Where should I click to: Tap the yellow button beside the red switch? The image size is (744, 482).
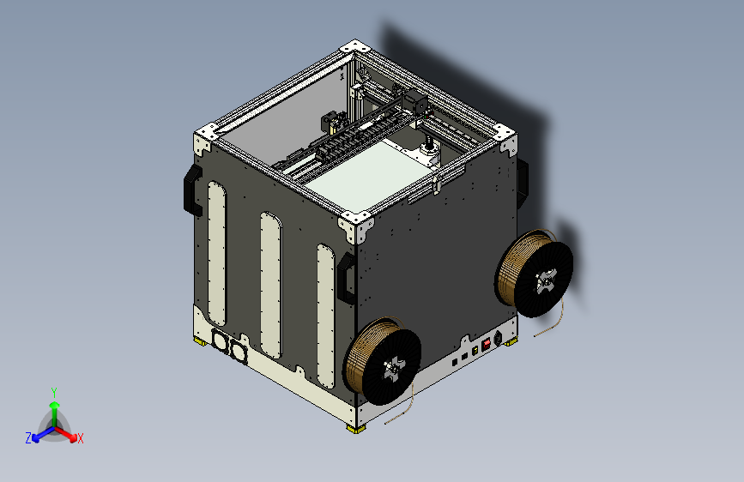tap(475, 350)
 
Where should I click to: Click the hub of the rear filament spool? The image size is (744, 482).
tap(545, 280)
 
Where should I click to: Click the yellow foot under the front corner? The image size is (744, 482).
tap(354, 428)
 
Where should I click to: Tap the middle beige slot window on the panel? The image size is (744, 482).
tap(269, 283)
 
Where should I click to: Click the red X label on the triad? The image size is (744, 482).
tap(81, 438)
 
